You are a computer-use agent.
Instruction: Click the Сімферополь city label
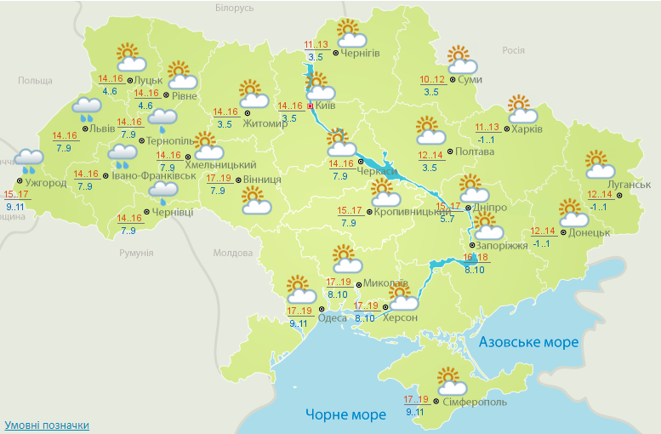[476, 402]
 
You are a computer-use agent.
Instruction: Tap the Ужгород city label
[46, 183]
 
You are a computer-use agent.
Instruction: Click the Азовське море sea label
[528, 342]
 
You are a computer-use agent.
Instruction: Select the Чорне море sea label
[345, 414]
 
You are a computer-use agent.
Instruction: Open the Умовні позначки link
[47, 425]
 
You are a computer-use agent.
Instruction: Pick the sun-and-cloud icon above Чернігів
[350, 34]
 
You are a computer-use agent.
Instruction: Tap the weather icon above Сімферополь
[447, 381]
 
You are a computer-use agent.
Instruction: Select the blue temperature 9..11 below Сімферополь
[416, 413]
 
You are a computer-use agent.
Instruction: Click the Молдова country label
[233, 253]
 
